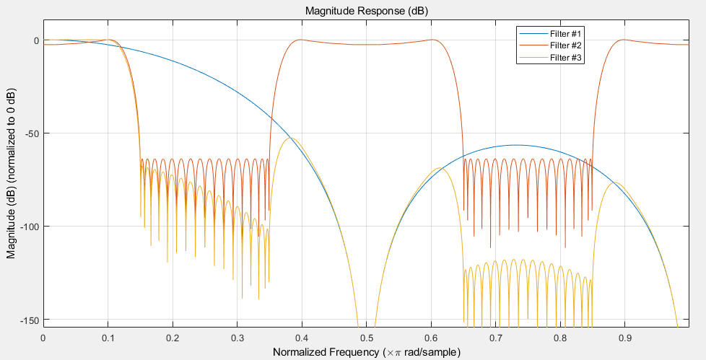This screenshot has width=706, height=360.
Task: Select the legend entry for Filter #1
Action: (565, 35)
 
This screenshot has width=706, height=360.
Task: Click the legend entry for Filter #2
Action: (565, 46)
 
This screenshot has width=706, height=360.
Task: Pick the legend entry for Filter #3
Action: (565, 58)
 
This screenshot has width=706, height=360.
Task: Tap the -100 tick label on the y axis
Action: (27, 227)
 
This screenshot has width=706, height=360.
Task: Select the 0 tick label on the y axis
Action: (35, 40)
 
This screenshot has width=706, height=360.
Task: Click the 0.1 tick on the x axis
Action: (108, 337)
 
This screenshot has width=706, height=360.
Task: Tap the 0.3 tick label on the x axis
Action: (237, 337)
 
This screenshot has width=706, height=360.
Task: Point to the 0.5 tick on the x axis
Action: (366, 337)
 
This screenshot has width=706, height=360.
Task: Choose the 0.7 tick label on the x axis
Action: (495, 337)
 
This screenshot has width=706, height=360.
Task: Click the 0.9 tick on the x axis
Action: (624, 337)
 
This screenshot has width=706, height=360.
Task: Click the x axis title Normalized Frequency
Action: (366, 352)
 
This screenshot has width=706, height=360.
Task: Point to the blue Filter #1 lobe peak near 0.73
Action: (515, 145)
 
